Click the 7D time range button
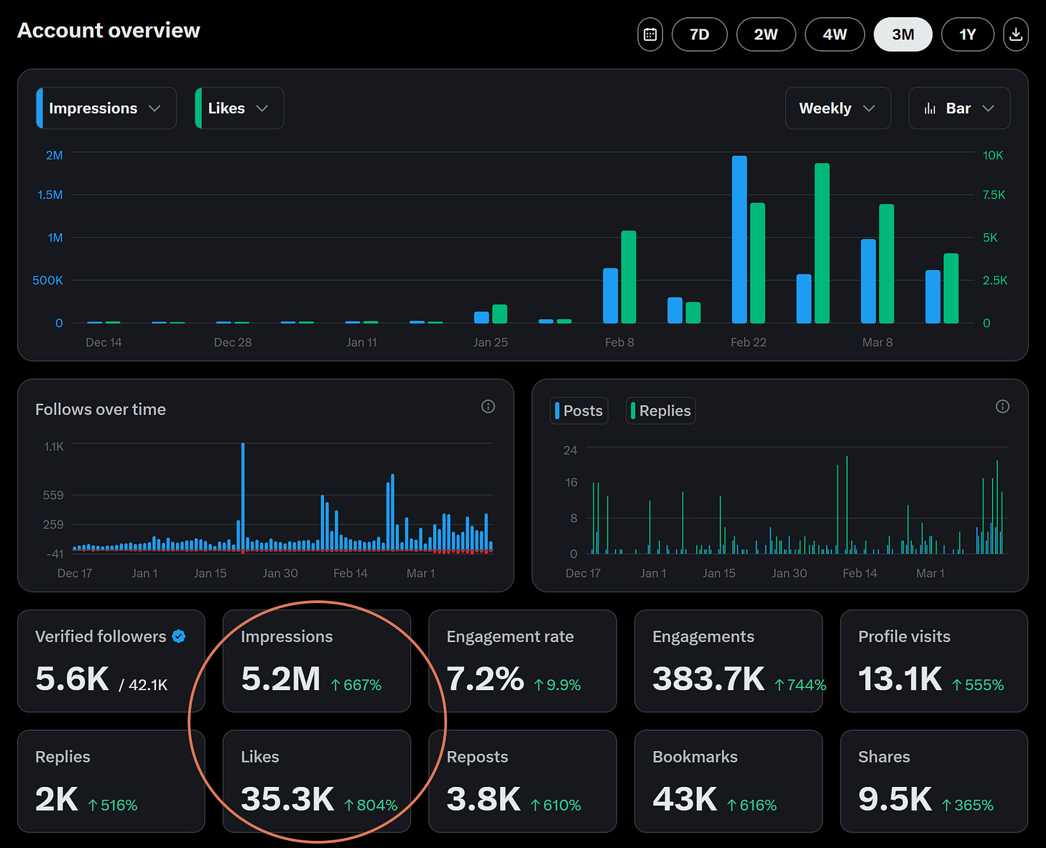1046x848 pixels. pyautogui.click(x=699, y=34)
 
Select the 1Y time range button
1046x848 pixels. pyautogui.click(x=967, y=34)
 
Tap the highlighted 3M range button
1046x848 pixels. pyautogui.click(x=902, y=34)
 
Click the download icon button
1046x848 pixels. pyautogui.click(x=1016, y=34)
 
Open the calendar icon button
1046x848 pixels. pyautogui.click(x=650, y=34)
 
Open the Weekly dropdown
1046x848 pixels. pyautogui.click(x=837, y=108)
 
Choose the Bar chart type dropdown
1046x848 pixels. pyautogui.click(x=958, y=108)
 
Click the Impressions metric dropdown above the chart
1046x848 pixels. pyautogui.click(x=106, y=108)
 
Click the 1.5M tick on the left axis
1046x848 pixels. pyautogui.click(x=50, y=195)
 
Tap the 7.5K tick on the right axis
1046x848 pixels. pyautogui.click(x=994, y=195)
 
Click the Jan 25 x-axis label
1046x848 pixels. pyautogui.click(x=490, y=343)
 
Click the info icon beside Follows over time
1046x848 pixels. pyautogui.click(x=488, y=407)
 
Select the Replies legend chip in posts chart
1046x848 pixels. pyautogui.click(x=660, y=411)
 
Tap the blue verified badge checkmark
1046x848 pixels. pyautogui.click(x=179, y=636)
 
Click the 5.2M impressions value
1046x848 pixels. pyautogui.click(x=281, y=679)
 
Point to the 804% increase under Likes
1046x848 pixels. pyautogui.click(x=371, y=805)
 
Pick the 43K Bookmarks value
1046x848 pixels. pyautogui.click(x=685, y=799)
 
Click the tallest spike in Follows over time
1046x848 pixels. pyautogui.click(x=243, y=495)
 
